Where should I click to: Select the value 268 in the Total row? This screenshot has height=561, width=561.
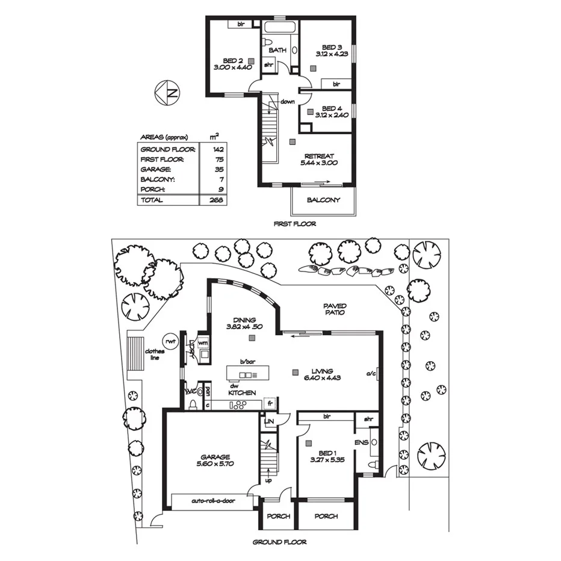click(x=213, y=200)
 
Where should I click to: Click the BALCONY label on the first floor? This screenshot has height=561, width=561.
click(x=323, y=200)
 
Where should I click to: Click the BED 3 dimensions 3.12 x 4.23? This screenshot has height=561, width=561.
click(x=332, y=54)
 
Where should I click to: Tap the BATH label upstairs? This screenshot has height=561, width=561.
click(x=277, y=50)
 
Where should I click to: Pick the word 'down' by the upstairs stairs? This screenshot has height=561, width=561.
click(x=287, y=102)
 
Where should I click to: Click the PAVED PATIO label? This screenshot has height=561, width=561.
click(x=336, y=309)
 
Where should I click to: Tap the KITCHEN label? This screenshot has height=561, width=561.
click(x=242, y=392)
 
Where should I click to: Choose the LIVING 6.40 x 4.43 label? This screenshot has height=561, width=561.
click(x=318, y=375)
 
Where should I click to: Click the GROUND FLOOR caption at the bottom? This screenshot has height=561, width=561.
click(x=279, y=542)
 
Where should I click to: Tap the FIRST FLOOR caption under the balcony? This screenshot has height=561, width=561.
click(x=294, y=223)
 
